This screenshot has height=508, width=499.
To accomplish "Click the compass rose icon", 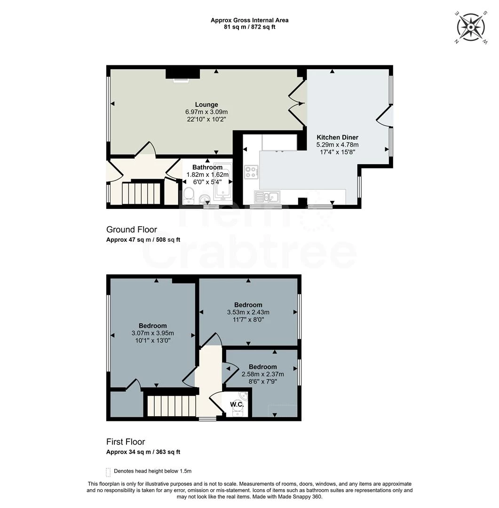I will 471,27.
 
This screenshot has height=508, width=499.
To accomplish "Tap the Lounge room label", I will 206,104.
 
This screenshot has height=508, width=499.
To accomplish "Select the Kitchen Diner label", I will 337,137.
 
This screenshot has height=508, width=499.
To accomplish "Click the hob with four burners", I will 250,172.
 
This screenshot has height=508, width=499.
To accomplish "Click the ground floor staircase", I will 141,193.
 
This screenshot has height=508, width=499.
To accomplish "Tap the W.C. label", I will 236,405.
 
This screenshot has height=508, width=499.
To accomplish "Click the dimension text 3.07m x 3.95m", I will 152,333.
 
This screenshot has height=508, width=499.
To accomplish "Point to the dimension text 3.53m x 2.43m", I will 248,312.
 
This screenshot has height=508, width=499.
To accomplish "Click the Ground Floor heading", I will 132,230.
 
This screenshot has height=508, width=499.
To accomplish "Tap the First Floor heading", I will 126,442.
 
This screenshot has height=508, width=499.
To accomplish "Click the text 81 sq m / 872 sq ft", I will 249,27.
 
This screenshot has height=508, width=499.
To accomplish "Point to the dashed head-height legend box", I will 109,471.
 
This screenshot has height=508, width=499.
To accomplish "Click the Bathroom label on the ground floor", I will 207,167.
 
